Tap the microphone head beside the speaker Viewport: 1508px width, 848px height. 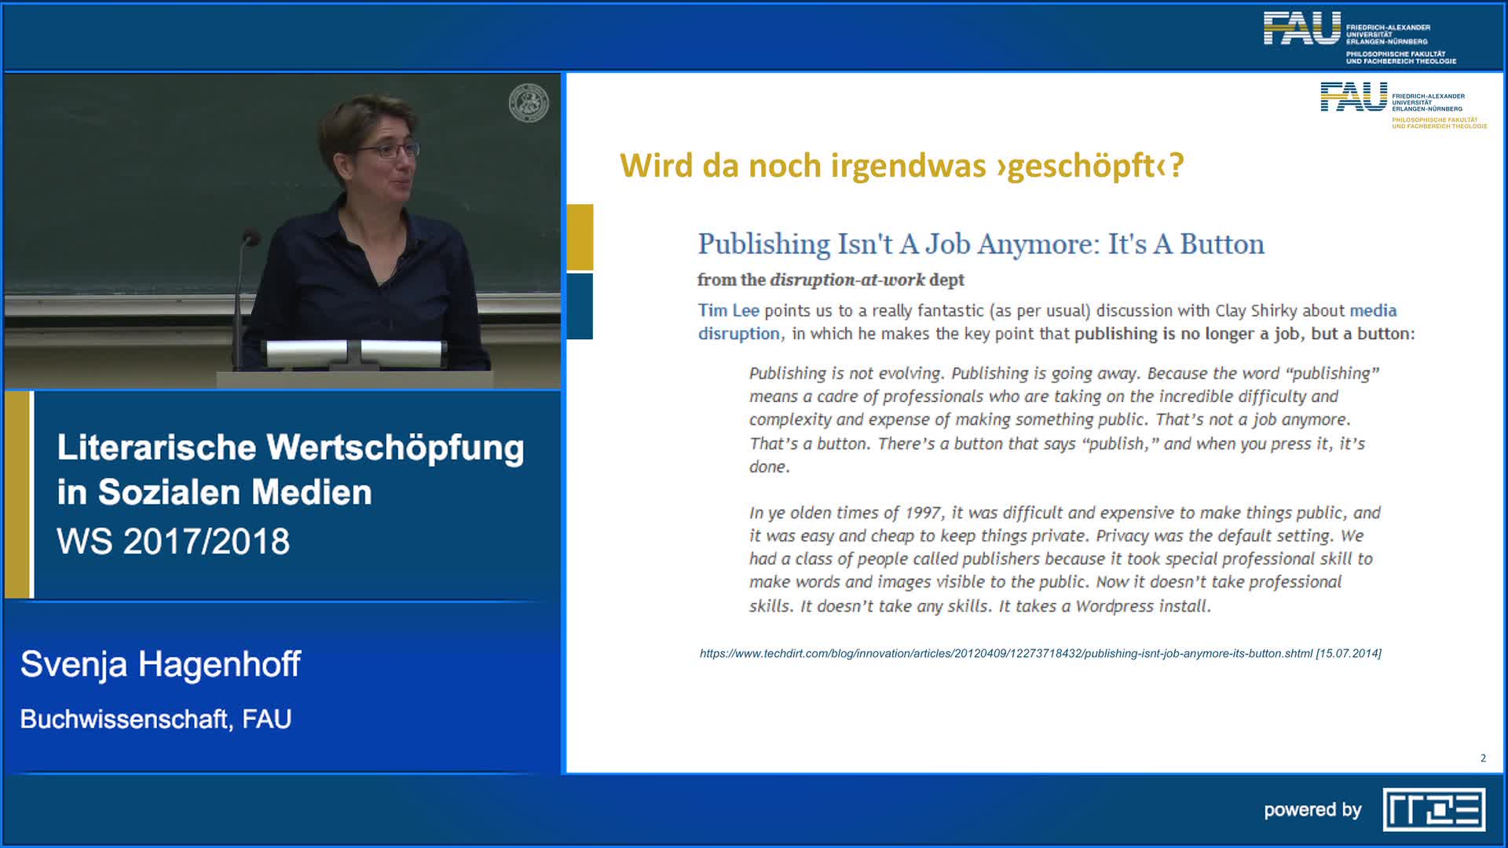pyautogui.click(x=251, y=237)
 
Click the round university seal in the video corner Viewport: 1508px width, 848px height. pyautogui.click(x=529, y=103)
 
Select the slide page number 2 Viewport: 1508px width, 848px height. pyautogui.click(x=1483, y=758)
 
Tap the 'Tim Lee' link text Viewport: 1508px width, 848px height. pyautogui.click(x=729, y=310)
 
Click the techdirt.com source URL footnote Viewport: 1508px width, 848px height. pyautogui.click(x=1040, y=653)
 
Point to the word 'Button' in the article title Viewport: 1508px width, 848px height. pyautogui.click(x=1222, y=244)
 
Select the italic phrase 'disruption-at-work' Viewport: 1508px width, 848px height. pyautogui.click(x=847, y=280)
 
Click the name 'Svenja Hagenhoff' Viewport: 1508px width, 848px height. pyautogui.click(x=160, y=664)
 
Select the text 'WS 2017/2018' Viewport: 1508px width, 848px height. pyautogui.click(x=173, y=541)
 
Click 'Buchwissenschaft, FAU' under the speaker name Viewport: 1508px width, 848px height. pyautogui.click(x=156, y=719)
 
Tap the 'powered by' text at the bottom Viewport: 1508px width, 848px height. pyautogui.click(x=1312, y=810)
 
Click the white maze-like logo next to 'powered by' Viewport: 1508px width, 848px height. pyautogui.click(x=1433, y=810)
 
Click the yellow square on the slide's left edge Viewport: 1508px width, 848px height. pyautogui.click(x=580, y=237)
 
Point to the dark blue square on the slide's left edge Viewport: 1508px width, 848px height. pyautogui.click(x=580, y=306)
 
